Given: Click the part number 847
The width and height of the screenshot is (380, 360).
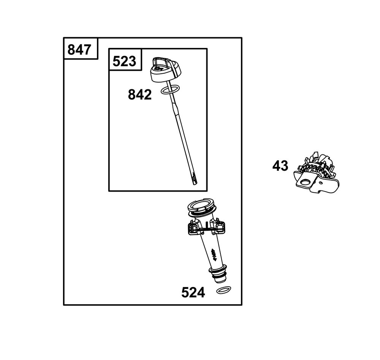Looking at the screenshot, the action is click(79, 50).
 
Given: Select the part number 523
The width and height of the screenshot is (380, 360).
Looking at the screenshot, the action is click(124, 61).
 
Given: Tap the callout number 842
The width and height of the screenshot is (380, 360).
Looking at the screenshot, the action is click(139, 95).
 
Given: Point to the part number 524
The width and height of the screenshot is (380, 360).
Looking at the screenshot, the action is click(193, 292).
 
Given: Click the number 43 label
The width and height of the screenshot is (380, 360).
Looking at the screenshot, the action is click(280, 166).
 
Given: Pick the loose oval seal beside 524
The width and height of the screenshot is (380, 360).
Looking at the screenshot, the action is click(223, 290).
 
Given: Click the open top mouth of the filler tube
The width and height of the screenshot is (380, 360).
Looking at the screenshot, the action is click(201, 205).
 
